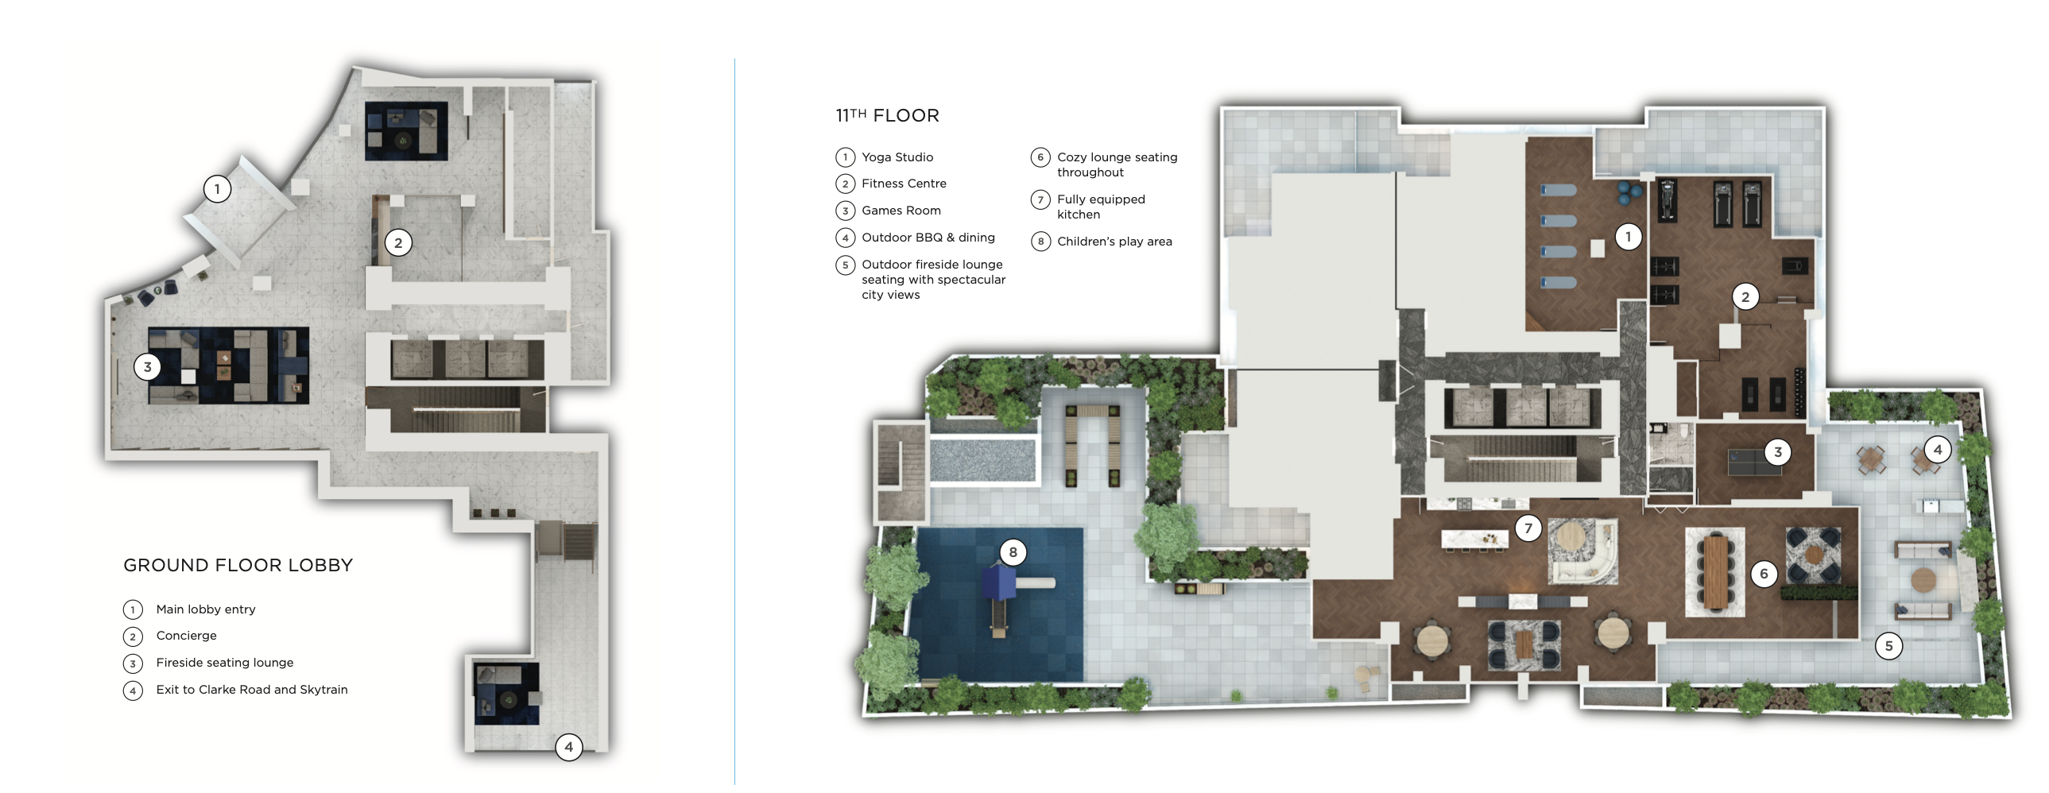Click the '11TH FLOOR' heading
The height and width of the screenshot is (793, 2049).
pos(887,116)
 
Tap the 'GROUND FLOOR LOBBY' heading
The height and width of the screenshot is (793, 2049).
pos(238,566)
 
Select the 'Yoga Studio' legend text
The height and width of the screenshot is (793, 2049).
pos(897,157)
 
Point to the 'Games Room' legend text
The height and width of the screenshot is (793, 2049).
pos(901,211)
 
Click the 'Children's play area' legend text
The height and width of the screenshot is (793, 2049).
pos(1114,242)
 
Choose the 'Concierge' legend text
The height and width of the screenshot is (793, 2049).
pos(186,636)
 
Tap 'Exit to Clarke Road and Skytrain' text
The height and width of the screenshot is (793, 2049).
pos(251,690)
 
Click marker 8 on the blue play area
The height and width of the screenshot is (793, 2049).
pos(1013,552)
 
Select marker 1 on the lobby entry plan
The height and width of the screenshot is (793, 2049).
pos(217,189)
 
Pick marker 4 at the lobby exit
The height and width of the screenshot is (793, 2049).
pos(569,747)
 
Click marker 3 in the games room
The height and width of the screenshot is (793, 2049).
pos(1778,453)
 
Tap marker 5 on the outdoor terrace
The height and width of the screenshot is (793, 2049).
pos(1888,646)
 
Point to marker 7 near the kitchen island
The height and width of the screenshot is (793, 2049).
pos(1528,528)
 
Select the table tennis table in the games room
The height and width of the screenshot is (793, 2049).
pos(1750,462)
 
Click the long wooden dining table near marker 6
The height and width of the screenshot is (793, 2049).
pos(1716,571)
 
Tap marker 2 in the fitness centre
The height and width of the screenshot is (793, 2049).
pos(1745,297)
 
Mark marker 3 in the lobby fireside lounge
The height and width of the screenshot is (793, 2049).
pos(147,367)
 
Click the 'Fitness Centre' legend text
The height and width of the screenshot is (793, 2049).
pos(904,184)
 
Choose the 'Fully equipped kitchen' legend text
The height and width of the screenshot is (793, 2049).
pos(1100,207)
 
